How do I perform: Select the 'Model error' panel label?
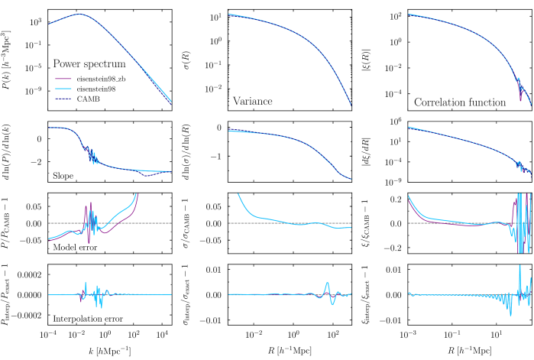[x=74, y=248]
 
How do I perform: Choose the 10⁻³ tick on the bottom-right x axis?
[x=409, y=336]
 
